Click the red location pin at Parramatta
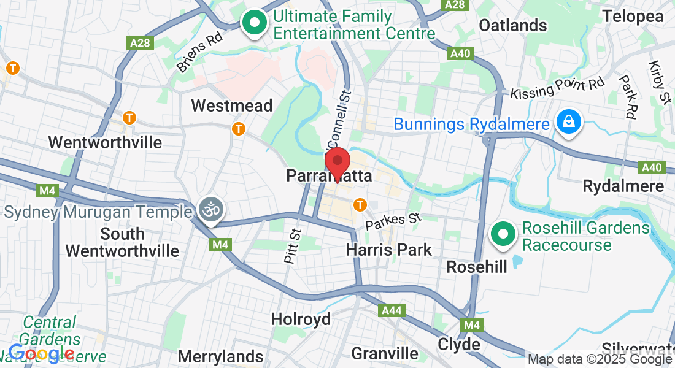click(337, 163)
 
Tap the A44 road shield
click(391, 310)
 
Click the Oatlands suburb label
click(512, 25)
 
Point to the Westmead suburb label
click(232, 105)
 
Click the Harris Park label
click(389, 250)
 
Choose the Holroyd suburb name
click(301, 319)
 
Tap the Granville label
click(385, 353)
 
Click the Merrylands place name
click(220, 356)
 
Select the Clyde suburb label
click(459, 344)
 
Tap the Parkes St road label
click(393, 221)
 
